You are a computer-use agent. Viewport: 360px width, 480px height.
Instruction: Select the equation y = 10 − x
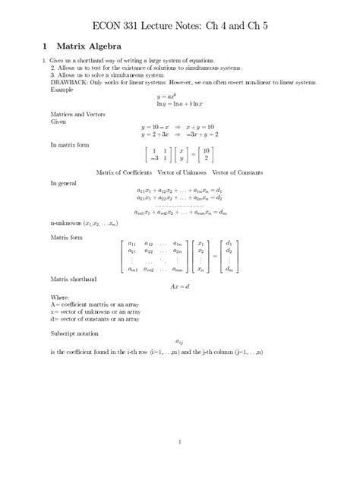[x=156, y=127]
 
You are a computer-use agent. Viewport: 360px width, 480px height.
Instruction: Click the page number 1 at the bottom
[x=179, y=442]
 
